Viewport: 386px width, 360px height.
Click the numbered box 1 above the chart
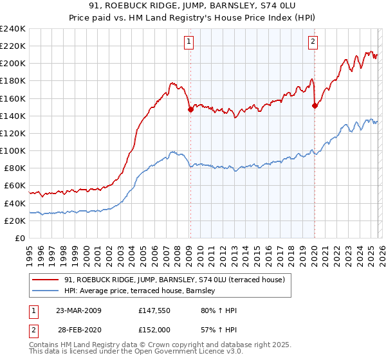coord(189,42)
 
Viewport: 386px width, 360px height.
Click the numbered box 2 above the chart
coord(313,42)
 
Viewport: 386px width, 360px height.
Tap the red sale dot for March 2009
coord(190,109)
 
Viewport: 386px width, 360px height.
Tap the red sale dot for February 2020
coord(315,106)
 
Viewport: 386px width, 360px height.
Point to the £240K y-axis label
coord(13,29)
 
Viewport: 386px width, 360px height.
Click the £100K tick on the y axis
coord(13,150)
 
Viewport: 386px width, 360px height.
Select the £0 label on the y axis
coord(20,238)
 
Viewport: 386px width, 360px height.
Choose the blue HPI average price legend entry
coord(142,291)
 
